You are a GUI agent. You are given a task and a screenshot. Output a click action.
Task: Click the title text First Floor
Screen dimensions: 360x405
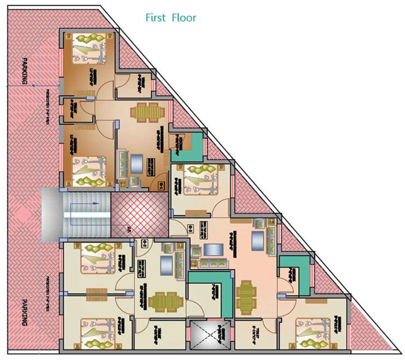pos(170,18)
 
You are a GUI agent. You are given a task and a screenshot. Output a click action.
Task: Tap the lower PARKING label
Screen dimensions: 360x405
pos(24,313)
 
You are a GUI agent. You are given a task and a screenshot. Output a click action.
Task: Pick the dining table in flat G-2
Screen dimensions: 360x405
pos(166,301)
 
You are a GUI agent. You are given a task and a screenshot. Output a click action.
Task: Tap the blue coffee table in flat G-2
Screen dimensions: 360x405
pos(167,265)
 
